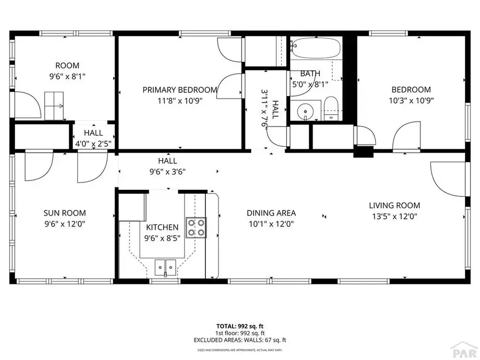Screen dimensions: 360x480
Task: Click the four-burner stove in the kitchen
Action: click(196, 227)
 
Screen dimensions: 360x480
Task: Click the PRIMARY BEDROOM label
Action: click(180, 90)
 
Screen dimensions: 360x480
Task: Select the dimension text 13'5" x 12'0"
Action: click(394, 217)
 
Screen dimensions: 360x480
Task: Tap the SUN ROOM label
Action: click(65, 213)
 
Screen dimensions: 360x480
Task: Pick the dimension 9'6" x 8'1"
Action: click(67, 76)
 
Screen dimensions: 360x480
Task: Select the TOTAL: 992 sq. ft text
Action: click(239, 325)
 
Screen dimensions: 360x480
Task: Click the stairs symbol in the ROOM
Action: click(53, 106)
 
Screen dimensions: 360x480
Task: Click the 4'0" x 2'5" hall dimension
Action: click(94, 143)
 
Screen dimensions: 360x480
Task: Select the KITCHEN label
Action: click(162, 228)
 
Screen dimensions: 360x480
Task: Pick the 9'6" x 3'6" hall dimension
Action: click(167, 171)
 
